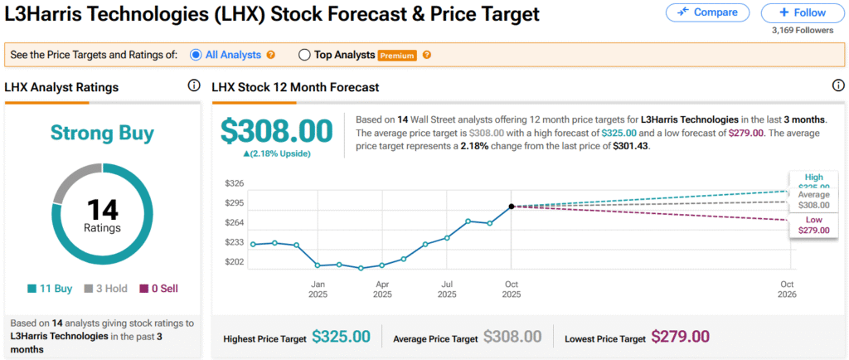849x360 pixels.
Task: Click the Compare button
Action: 707,12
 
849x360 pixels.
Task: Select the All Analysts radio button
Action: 196,55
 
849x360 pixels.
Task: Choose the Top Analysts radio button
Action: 304,55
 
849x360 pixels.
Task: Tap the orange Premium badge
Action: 396,56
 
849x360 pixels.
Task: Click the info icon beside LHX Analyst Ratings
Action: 194,85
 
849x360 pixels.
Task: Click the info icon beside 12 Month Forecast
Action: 837,85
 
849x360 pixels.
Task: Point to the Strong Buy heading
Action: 102,133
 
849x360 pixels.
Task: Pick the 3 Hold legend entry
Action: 106,289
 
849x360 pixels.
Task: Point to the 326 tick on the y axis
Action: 235,182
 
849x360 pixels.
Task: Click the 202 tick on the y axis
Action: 235,261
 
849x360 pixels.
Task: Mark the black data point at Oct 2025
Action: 511,206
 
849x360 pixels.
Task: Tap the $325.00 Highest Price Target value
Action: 341,337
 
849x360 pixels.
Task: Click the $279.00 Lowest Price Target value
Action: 680,337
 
